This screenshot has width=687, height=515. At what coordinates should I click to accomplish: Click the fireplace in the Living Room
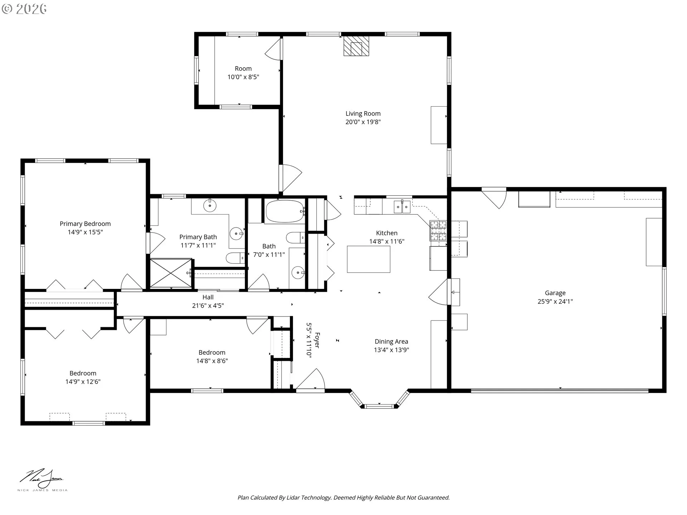click(356, 45)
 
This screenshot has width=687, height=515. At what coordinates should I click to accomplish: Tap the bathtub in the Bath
click(285, 211)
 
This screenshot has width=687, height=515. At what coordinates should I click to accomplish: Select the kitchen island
click(369, 259)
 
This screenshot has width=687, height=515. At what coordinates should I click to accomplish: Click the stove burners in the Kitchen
click(438, 230)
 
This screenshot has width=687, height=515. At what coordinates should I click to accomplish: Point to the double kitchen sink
click(402, 207)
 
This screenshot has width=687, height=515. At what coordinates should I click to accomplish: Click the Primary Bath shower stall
click(171, 273)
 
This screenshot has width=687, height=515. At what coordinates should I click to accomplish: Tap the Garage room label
click(555, 293)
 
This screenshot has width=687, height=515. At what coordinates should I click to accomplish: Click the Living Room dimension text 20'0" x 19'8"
click(363, 122)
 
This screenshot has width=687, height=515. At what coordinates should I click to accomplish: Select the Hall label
click(208, 297)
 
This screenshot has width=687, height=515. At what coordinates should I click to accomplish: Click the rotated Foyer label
click(317, 340)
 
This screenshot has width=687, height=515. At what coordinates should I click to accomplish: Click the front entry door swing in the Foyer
click(311, 379)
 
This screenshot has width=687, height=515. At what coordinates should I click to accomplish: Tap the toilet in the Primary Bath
click(235, 257)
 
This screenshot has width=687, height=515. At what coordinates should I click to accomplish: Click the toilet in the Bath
click(296, 237)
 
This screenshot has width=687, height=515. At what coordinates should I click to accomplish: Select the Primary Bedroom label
click(85, 224)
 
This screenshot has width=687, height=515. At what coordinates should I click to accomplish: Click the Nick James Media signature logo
click(42, 480)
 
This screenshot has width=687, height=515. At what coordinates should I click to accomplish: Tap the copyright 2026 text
click(24, 9)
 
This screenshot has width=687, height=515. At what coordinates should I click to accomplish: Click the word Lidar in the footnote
click(293, 497)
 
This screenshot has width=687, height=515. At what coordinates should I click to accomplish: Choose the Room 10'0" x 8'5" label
click(243, 73)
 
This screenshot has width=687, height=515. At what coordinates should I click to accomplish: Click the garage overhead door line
click(560, 390)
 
